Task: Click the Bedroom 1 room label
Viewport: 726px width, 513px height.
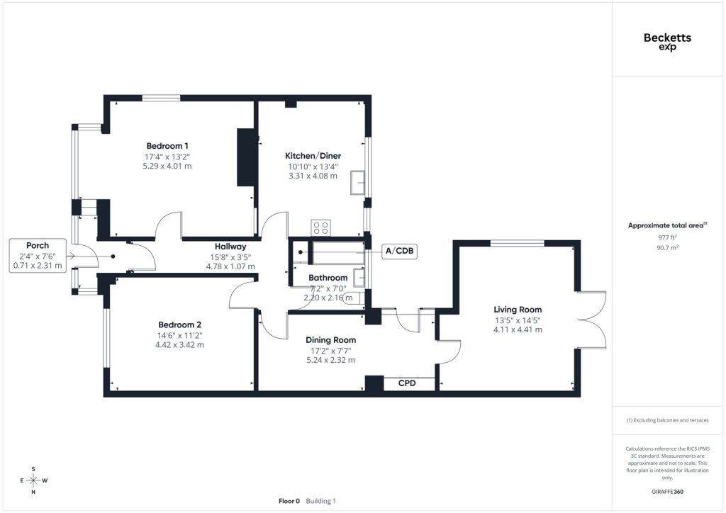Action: click(x=167, y=146)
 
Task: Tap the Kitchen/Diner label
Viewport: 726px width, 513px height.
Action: click(x=313, y=156)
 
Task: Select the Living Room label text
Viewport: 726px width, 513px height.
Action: click(x=518, y=310)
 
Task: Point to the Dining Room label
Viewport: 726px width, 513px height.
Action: click(x=330, y=340)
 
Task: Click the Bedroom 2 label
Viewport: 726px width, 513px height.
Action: click(x=179, y=325)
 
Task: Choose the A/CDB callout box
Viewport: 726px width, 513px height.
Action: click(x=399, y=251)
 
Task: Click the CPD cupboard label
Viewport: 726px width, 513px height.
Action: click(x=407, y=383)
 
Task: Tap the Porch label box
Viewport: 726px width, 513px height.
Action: click(x=38, y=255)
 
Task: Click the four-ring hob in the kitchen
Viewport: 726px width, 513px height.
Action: click(x=321, y=227)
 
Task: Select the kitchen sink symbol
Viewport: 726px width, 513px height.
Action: click(x=357, y=183)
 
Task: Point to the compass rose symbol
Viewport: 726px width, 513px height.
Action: click(x=33, y=480)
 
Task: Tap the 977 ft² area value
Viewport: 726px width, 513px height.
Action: click(x=667, y=237)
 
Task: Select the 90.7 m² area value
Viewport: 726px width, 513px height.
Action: click(x=667, y=247)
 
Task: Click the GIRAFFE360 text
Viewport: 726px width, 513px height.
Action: click(x=667, y=492)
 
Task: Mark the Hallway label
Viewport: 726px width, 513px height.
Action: click(x=230, y=247)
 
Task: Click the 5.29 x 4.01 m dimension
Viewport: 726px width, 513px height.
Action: click(x=167, y=166)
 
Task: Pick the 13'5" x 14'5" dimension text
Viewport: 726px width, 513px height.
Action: click(x=518, y=320)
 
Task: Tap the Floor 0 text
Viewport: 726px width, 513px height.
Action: click(x=289, y=501)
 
